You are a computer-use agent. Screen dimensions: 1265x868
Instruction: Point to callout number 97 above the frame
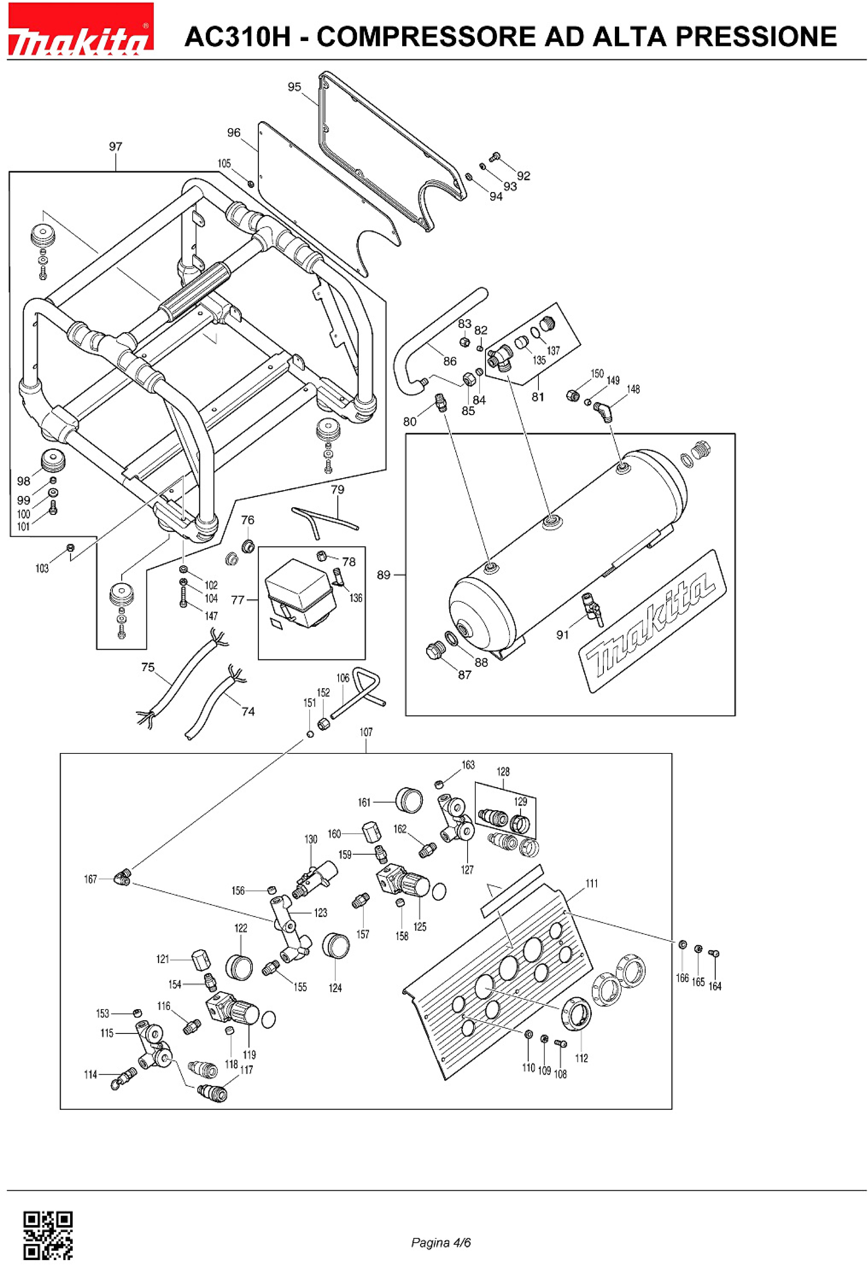[x=115, y=146]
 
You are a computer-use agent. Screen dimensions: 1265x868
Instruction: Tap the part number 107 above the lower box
[x=366, y=732]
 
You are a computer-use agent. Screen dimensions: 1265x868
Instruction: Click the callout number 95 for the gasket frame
[x=294, y=87]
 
